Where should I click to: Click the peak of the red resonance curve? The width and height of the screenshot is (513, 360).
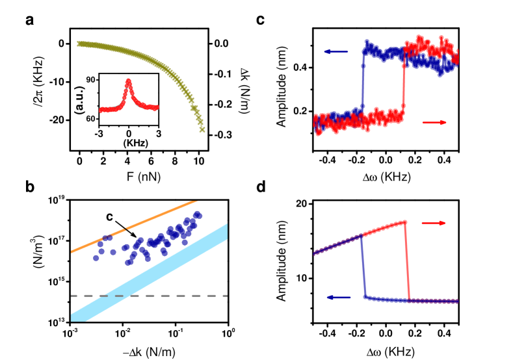pyautogui.click(x=128, y=81)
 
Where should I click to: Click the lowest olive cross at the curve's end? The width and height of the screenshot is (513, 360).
pyautogui.click(x=202, y=130)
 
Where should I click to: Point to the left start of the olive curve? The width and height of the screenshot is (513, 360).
pyautogui.click(x=79, y=44)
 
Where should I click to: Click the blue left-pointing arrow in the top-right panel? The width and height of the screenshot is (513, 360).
pyautogui.click(x=335, y=52)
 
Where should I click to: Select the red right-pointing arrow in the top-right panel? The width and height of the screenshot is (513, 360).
pyautogui.click(x=434, y=122)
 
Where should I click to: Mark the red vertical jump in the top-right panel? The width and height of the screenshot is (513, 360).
pyautogui.click(x=404, y=84)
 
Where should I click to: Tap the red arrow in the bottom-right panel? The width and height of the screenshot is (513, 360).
pyautogui.click(x=434, y=223)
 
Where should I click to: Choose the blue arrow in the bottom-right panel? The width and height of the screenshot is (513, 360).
pyautogui.click(x=339, y=297)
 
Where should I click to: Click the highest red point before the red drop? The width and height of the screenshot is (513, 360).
pyautogui.click(x=405, y=222)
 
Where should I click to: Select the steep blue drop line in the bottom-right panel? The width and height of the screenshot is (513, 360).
pyautogui.click(x=363, y=266)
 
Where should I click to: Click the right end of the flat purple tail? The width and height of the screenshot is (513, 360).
pyautogui.click(x=457, y=302)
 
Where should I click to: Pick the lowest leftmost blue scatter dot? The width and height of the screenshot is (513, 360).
pyautogui.click(x=96, y=258)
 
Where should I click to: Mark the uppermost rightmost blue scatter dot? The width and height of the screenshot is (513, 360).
pyautogui.click(x=198, y=214)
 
